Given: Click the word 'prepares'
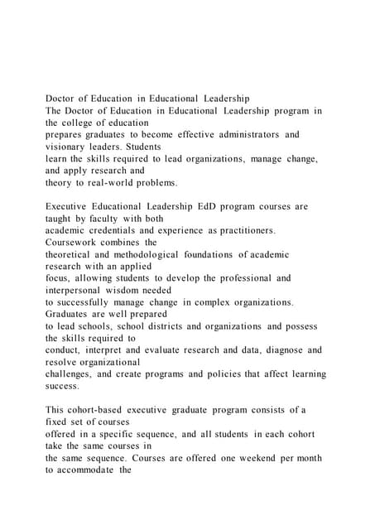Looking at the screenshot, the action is tap(65, 134).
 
